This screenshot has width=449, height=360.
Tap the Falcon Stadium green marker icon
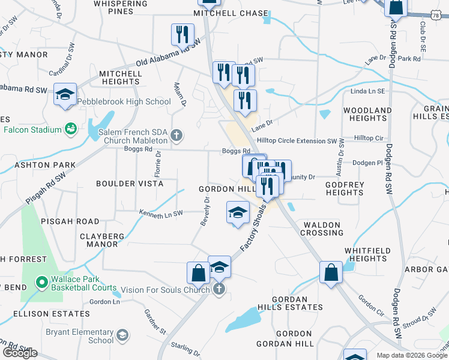tap(71, 129)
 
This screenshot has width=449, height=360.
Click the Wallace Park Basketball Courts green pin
tap(41, 281)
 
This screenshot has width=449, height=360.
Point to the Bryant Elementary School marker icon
tap(122, 335)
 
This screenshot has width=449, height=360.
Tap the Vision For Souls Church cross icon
tap(219, 289)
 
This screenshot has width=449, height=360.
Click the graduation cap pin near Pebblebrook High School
tap(65, 95)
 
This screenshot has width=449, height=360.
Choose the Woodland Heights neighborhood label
tap(367, 115)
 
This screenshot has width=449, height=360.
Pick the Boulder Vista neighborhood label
tap(130, 184)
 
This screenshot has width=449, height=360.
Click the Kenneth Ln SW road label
tap(161, 213)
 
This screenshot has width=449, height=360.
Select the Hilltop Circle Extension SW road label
tap(297, 140)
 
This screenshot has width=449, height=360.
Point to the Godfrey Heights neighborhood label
tap(345, 188)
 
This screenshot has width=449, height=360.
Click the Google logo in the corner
tap(20, 353)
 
